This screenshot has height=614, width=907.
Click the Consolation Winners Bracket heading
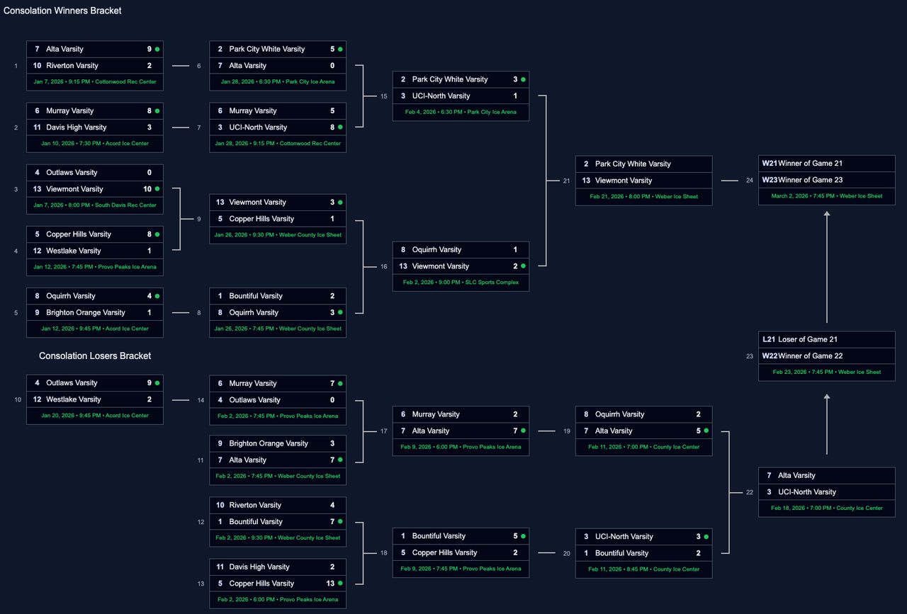pyautogui.click(x=62, y=11)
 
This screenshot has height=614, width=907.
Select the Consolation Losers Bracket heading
pyautogui.click(x=95, y=356)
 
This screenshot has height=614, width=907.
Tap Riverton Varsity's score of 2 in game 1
pyautogui.click(x=150, y=66)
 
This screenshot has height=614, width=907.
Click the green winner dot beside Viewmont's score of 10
pyautogui.click(x=157, y=189)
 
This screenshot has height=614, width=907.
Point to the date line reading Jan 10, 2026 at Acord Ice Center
pyautogui.click(x=95, y=144)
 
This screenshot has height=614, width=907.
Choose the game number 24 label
pyautogui.click(x=749, y=181)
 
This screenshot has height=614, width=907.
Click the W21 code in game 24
pyautogui.click(x=770, y=164)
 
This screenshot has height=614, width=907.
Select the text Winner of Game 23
pyautogui.click(x=810, y=180)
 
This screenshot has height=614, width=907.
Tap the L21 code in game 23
pyautogui.click(x=769, y=339)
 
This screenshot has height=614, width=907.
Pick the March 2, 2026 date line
pyautogui.click(x=827, y=196)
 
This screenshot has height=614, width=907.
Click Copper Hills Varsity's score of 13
pyautogui.click(x=330, y=584)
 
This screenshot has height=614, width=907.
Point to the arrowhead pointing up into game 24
pyautogui.click(x=827, y=214)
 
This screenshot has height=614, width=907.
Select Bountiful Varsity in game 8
pyautogui.click(x=255, y=296)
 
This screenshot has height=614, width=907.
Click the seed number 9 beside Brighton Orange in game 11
pyautogui.click(x=220, y=443)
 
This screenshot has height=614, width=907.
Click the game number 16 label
pyautogui.click(x=383, y=267)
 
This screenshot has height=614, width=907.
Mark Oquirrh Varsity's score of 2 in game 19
pyautogui.click(x=698, y=414)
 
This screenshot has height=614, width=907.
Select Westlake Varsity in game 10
pyautogui.click(x=74, y=399)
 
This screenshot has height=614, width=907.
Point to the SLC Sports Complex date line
pyautogui.click(x=461, y=283)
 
